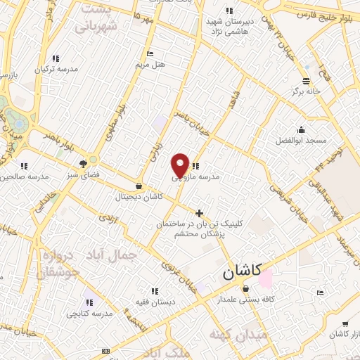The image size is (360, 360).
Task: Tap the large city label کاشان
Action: [x=241, y=272]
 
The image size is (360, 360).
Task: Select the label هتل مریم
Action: [x=150, y=65]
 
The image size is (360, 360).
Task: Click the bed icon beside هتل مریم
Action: [x=150, y=53]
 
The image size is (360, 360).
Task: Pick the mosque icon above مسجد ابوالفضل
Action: [x=301, y=129]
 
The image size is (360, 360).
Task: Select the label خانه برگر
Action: [x=306, y=91]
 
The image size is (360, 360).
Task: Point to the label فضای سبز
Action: [x=84, y=174]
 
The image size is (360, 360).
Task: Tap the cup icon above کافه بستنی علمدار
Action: [x=245, y=289]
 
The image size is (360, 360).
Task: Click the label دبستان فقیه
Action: [x=154, y=302]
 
